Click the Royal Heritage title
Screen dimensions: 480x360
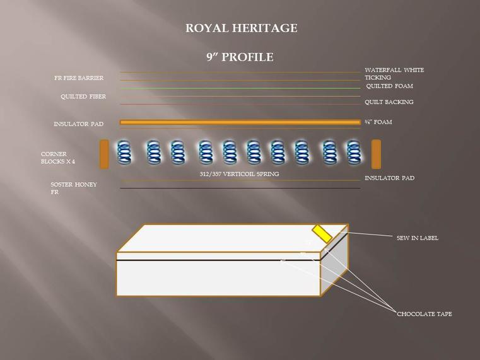tap(241, 28)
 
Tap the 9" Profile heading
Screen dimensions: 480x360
tap(240, 57)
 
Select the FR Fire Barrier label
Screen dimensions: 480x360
tap(79, 78)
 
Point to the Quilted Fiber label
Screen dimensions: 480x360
tap(83, 96)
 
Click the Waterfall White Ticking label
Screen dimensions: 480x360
tap(394, 74)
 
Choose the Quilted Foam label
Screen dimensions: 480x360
tap(389, 86)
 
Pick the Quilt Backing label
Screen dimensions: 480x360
tap(389, 102)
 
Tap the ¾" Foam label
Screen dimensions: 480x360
tap(378, 122)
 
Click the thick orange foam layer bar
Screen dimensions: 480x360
tap(240, 122)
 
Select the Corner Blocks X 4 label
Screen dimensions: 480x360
tap(58, 158)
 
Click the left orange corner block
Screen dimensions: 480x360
tap(104, 154)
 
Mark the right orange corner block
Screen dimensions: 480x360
tap(376, 154)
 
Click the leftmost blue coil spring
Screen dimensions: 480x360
tap(124, 152)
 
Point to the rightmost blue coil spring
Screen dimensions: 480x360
tap(354, 152)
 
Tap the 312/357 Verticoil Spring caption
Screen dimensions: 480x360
tap(240, 174)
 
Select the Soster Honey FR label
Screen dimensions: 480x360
tap(74, 188)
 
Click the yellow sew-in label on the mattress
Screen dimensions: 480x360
tap(322, 234)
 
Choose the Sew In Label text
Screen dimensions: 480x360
tap(418, 238)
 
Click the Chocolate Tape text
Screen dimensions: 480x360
tap(424, 314)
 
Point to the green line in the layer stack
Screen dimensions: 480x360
tap(240, 88)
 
